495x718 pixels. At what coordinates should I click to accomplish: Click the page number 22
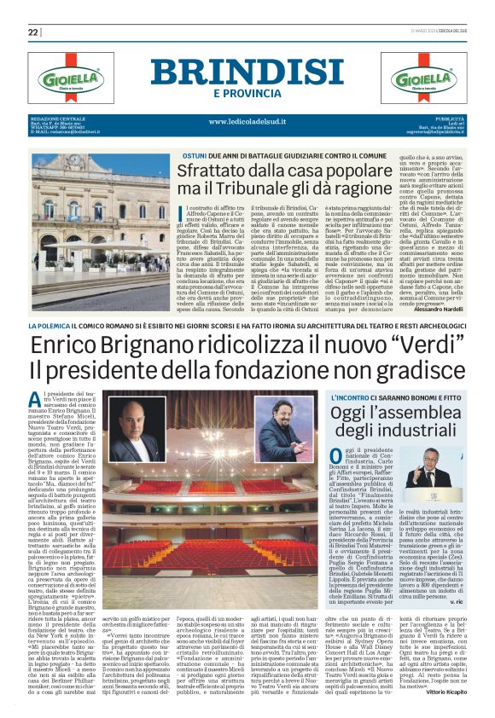pos(33,32)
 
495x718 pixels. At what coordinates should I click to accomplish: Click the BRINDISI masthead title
pos(247,72)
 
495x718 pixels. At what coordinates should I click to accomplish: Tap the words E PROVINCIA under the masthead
pos(247,93)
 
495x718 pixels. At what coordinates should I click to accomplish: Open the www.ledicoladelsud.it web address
pos(247,122)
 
